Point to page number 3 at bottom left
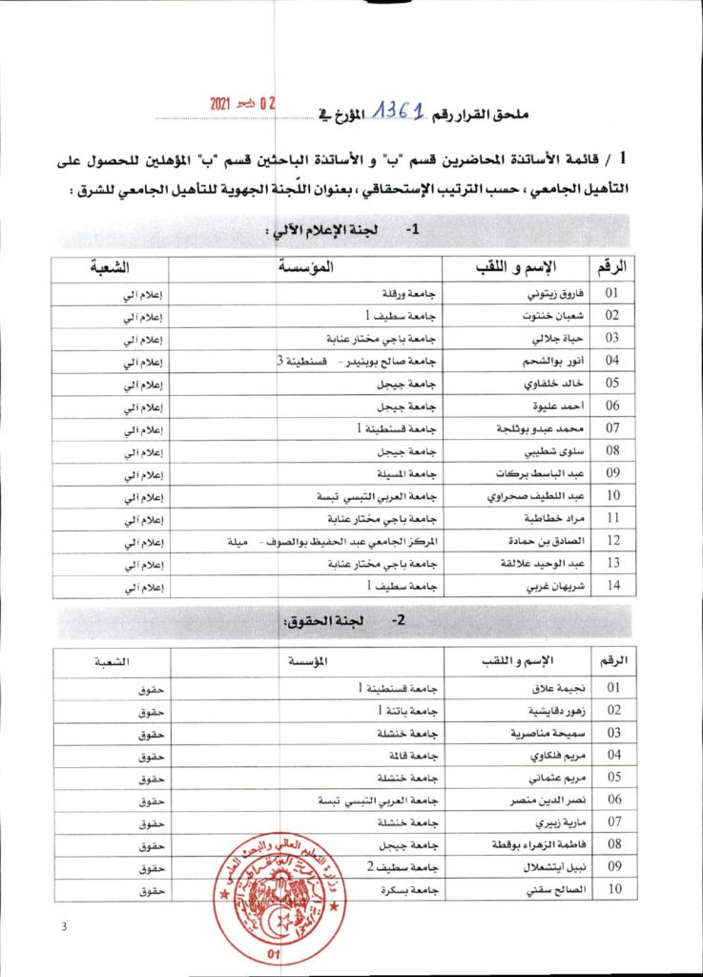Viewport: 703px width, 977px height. [x=63, y=926]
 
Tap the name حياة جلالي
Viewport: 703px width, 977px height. [x=549, y=339]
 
